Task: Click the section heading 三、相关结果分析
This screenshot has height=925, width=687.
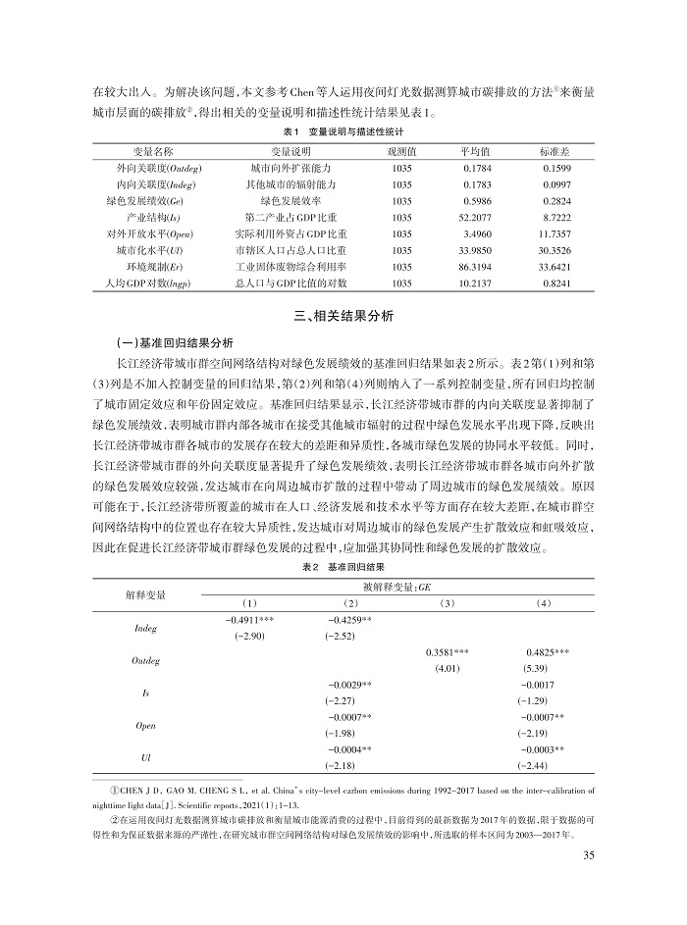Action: (x=343, y=317)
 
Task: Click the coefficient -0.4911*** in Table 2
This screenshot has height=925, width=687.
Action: (x=252, y=620)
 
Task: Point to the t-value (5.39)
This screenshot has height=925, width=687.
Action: (x=544, y=670)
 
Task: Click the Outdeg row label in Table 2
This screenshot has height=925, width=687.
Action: (x=145, y=661)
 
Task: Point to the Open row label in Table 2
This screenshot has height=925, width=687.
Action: (x=145, y=727)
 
